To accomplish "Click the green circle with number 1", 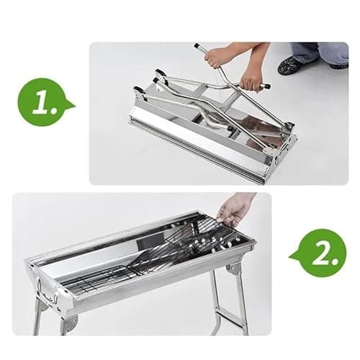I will pos(42,102).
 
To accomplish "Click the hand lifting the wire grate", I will pos(235,208).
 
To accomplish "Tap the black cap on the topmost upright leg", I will pos(197,45).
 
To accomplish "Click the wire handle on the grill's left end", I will pos(47,292).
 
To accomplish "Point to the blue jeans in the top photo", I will pos(317,53).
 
